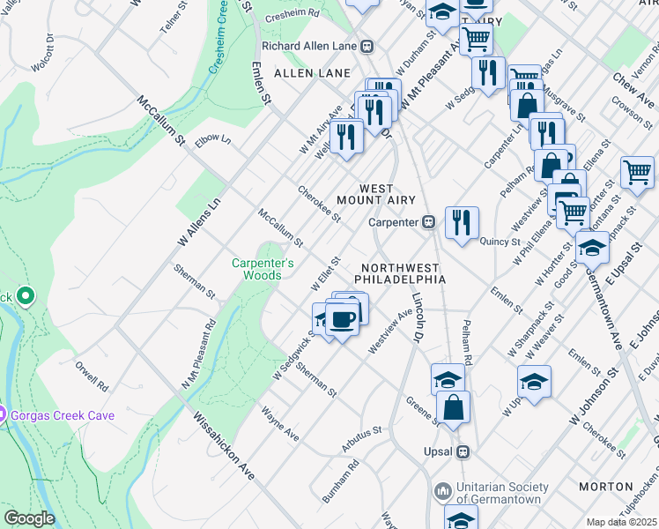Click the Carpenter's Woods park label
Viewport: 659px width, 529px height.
(256, 269)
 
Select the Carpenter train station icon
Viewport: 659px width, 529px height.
(428, 222)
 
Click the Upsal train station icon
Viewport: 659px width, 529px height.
(463, 451)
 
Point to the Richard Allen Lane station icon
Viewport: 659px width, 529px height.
(369, 47)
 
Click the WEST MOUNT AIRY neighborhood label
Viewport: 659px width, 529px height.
(389, 195)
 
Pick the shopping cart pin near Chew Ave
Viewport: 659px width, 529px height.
(637, 171)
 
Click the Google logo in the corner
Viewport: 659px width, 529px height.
(29, 518)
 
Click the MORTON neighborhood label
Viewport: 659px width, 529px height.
(606, 487)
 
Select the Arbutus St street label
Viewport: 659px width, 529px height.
(362, 436)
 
